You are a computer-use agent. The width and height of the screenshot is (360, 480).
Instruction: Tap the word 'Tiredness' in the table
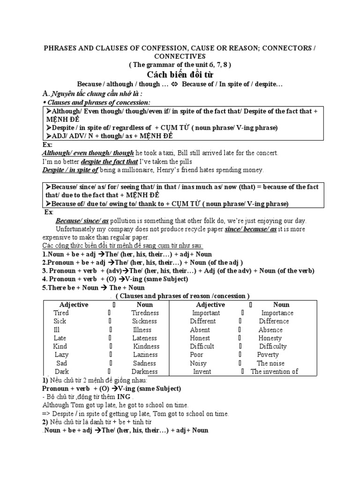click(x=145, y=313)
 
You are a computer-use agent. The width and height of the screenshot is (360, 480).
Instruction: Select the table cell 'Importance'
click(x=277, y=313)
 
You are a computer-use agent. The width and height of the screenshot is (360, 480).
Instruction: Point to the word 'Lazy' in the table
click(x=61, y=355)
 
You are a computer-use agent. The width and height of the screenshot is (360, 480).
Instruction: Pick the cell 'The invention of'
click(x=274, y=372)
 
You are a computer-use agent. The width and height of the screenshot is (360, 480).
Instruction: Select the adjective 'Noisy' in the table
click(x=198, y=363)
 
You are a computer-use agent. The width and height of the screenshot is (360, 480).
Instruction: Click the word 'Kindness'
click(x=146, y=346)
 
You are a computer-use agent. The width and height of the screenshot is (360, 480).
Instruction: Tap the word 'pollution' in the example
click(x=126, y=221)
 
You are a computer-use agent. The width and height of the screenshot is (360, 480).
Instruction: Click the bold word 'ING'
click(x=126, y=397)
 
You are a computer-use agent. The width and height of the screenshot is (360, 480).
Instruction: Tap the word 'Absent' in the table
click(x=200, y=330)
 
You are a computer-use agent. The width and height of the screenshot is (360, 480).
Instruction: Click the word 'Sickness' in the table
click(x=145, y=321)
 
